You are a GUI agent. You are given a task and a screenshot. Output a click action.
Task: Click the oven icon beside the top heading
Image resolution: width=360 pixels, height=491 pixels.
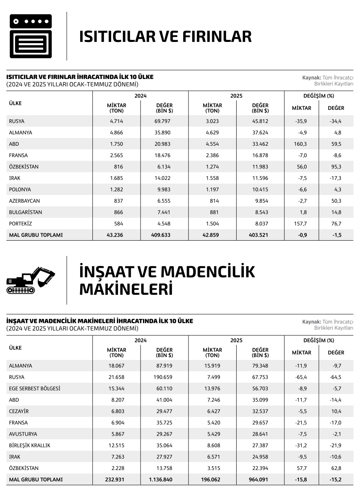point(31,36)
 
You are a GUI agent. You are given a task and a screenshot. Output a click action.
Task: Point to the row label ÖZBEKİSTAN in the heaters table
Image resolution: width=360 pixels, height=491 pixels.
point(24,167)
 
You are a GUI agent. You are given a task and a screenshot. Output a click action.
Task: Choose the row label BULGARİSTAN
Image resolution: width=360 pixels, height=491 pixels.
point(25,213)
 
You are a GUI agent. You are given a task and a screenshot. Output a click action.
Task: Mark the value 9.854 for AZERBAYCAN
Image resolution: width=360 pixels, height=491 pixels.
point(260,201)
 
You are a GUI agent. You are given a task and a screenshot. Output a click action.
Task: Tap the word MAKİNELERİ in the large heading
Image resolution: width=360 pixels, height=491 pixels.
point(126,289)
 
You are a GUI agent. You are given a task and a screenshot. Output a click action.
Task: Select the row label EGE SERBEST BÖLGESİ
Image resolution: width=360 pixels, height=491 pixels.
point(35,389)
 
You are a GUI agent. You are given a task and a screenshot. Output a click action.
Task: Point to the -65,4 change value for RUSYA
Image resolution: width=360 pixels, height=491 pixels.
point(301,377)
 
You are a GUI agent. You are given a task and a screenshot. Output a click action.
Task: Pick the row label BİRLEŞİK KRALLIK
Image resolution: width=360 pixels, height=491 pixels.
point(29,446)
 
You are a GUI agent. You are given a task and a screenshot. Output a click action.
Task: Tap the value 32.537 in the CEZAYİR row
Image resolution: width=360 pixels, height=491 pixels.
point(260,412)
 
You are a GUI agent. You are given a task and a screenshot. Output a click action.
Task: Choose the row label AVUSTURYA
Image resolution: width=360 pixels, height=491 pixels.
point(23,434)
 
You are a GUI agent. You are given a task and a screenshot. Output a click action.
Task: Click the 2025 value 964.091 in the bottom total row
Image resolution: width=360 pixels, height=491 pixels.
point(258,480)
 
